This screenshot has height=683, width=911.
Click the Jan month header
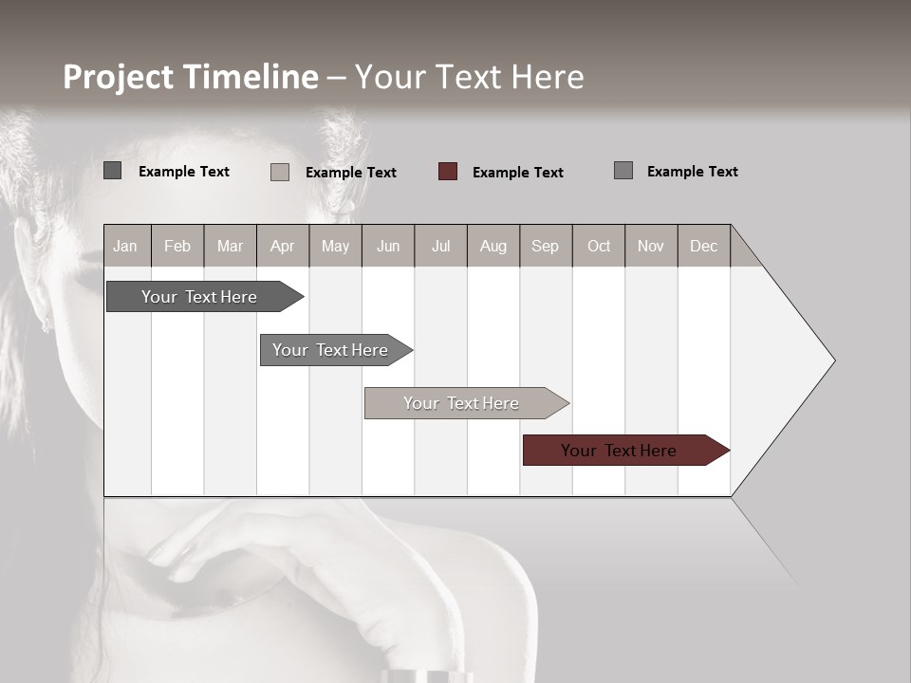point(125,246)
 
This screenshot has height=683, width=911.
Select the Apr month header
point(282,246)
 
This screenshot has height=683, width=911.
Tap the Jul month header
point(440,246)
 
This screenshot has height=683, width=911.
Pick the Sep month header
point(545,246)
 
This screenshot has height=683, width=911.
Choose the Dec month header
point(703,246)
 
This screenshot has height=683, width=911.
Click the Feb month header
point(177,246)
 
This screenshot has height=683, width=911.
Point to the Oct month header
point(599,246)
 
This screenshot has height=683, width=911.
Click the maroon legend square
point(448,172)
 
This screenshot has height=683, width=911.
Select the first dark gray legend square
point(112,171)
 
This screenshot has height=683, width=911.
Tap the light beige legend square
point(280,172)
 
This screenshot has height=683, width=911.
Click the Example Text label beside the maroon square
point(517,173)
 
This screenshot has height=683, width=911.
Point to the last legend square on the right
point(623,171)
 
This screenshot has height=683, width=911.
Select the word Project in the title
point(119,77)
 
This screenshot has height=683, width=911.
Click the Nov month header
point(651,246)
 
